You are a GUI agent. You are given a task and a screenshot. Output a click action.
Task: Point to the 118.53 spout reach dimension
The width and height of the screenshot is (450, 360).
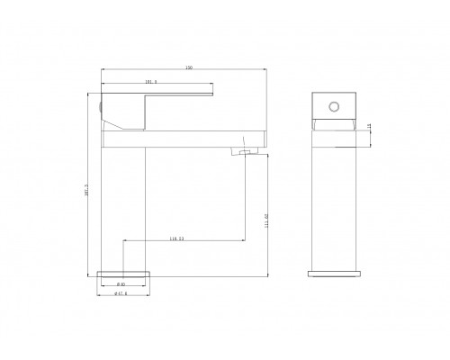pos(177,238)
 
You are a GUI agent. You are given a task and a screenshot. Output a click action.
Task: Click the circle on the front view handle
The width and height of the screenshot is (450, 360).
pos(335,107)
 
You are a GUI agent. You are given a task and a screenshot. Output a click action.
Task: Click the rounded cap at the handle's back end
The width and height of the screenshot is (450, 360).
pos(101,107)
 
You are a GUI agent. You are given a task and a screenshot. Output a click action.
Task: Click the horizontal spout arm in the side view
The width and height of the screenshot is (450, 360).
pos(207,138)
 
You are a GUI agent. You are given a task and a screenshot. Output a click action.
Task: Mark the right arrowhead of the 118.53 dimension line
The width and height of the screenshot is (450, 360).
pos(241,241)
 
